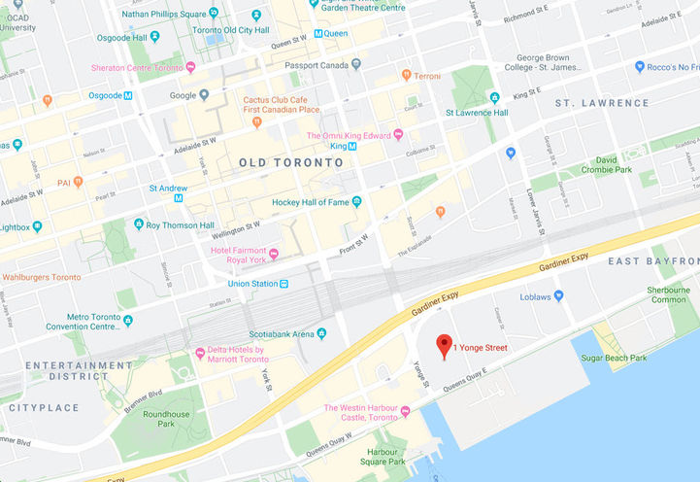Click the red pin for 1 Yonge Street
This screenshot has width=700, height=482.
point(445,345)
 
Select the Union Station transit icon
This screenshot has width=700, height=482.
point(283,284)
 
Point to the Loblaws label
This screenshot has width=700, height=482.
point(542,297)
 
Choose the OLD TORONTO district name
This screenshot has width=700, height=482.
point(291,163)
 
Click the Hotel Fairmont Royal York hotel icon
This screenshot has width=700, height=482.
point(275,255)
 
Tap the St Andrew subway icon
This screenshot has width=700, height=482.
point(179,198)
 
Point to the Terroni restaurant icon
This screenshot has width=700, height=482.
point(406,75)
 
